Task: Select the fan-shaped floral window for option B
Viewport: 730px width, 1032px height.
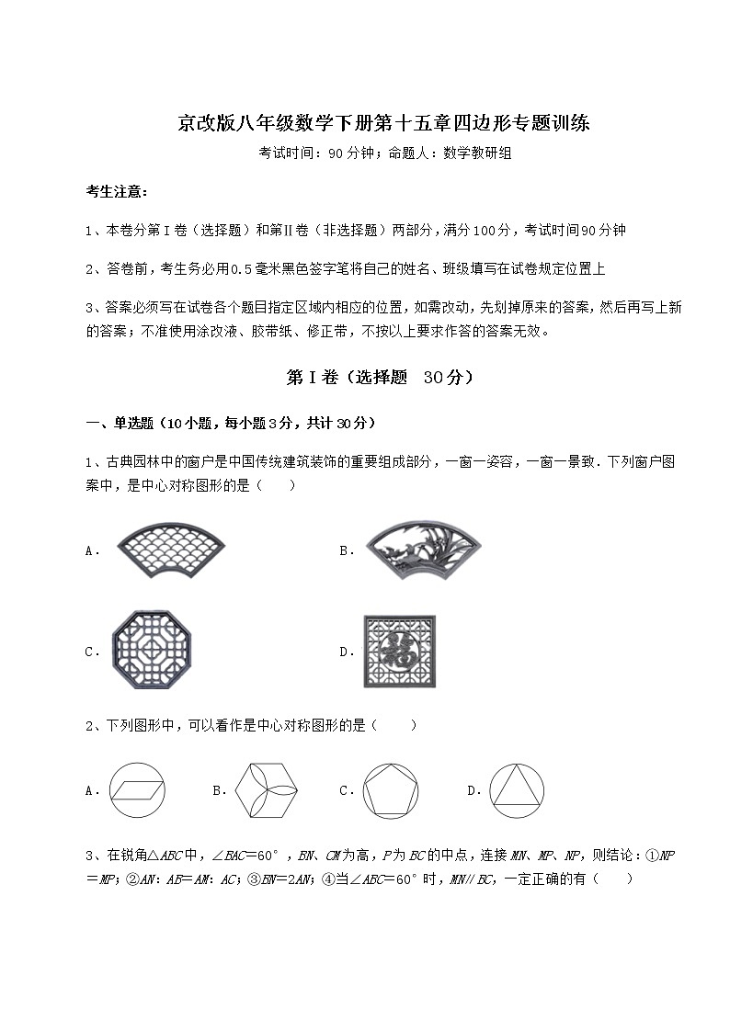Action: (422, 551)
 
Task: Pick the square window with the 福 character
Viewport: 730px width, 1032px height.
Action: (400, 652)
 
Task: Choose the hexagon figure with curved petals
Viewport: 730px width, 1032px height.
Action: (268, 790)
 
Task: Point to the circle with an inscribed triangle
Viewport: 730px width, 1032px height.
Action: (517, 790)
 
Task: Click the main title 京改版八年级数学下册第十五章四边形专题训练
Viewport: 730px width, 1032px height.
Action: (383, 123)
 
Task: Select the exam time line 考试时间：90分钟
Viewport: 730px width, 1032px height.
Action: (317, 153)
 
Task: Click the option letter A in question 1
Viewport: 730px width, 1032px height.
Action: (90, 551)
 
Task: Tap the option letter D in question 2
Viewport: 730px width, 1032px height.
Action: (473, 790)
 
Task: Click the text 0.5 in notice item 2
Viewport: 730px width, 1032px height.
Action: (239, 268)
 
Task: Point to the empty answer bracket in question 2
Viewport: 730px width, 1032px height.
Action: (396, 726)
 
